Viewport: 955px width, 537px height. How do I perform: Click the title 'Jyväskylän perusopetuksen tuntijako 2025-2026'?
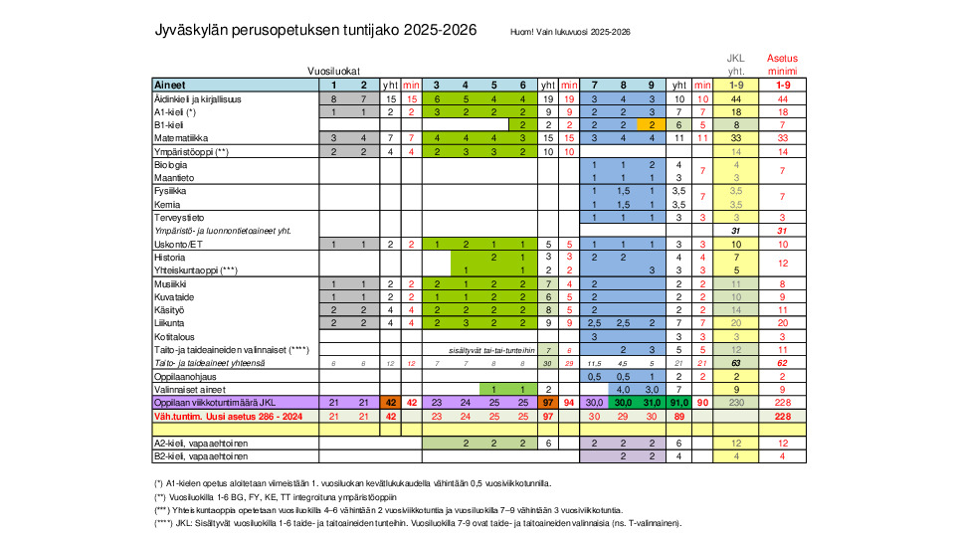point(315,31)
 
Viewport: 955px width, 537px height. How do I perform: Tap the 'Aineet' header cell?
point(171,86)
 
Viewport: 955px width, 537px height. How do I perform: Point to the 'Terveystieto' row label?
point(180,216)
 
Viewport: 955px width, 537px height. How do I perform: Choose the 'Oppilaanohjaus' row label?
point(185,376)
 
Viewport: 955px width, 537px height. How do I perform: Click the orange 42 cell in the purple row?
point(391,403)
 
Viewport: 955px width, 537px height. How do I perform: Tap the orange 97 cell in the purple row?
point(547,403)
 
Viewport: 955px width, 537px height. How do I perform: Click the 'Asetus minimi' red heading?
point(782,65)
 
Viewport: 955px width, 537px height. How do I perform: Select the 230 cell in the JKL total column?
point(736,403)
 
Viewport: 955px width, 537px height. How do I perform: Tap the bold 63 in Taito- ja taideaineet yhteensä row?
point(736,363)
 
